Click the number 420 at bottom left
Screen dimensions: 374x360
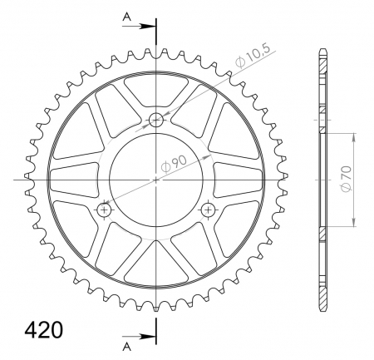point(44,330)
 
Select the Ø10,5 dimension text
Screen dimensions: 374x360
point(252,57)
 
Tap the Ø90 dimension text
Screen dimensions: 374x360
point(174,164)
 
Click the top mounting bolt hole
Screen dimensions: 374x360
point(156,120)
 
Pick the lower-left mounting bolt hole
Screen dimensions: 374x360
point(105,210)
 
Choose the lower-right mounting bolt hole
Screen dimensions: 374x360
point(208,210)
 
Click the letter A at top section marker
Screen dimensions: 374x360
point(126,17)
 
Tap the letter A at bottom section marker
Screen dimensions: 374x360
point(126,346)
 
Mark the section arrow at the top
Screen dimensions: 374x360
point(139,27)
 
